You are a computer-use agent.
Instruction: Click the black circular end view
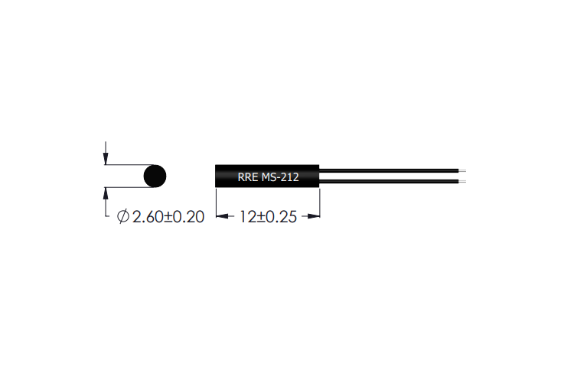coord(155,176)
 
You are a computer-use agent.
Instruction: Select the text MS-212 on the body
coord(280,177)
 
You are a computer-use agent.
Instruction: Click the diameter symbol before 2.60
coord(122,217)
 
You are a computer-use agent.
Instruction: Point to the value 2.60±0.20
coord(168,217)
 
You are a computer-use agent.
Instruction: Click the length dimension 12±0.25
coord(267,217)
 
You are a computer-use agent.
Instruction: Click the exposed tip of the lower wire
coord(460,181)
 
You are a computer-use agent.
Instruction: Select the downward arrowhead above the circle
coord(106,160)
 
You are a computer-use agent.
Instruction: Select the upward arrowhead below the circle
coord(106,193)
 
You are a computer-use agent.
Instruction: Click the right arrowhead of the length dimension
coord(314,217)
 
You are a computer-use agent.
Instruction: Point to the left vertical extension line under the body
coord(215,205)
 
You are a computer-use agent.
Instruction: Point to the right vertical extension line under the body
coord(319,205)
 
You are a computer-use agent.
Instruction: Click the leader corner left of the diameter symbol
coord(106,218)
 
